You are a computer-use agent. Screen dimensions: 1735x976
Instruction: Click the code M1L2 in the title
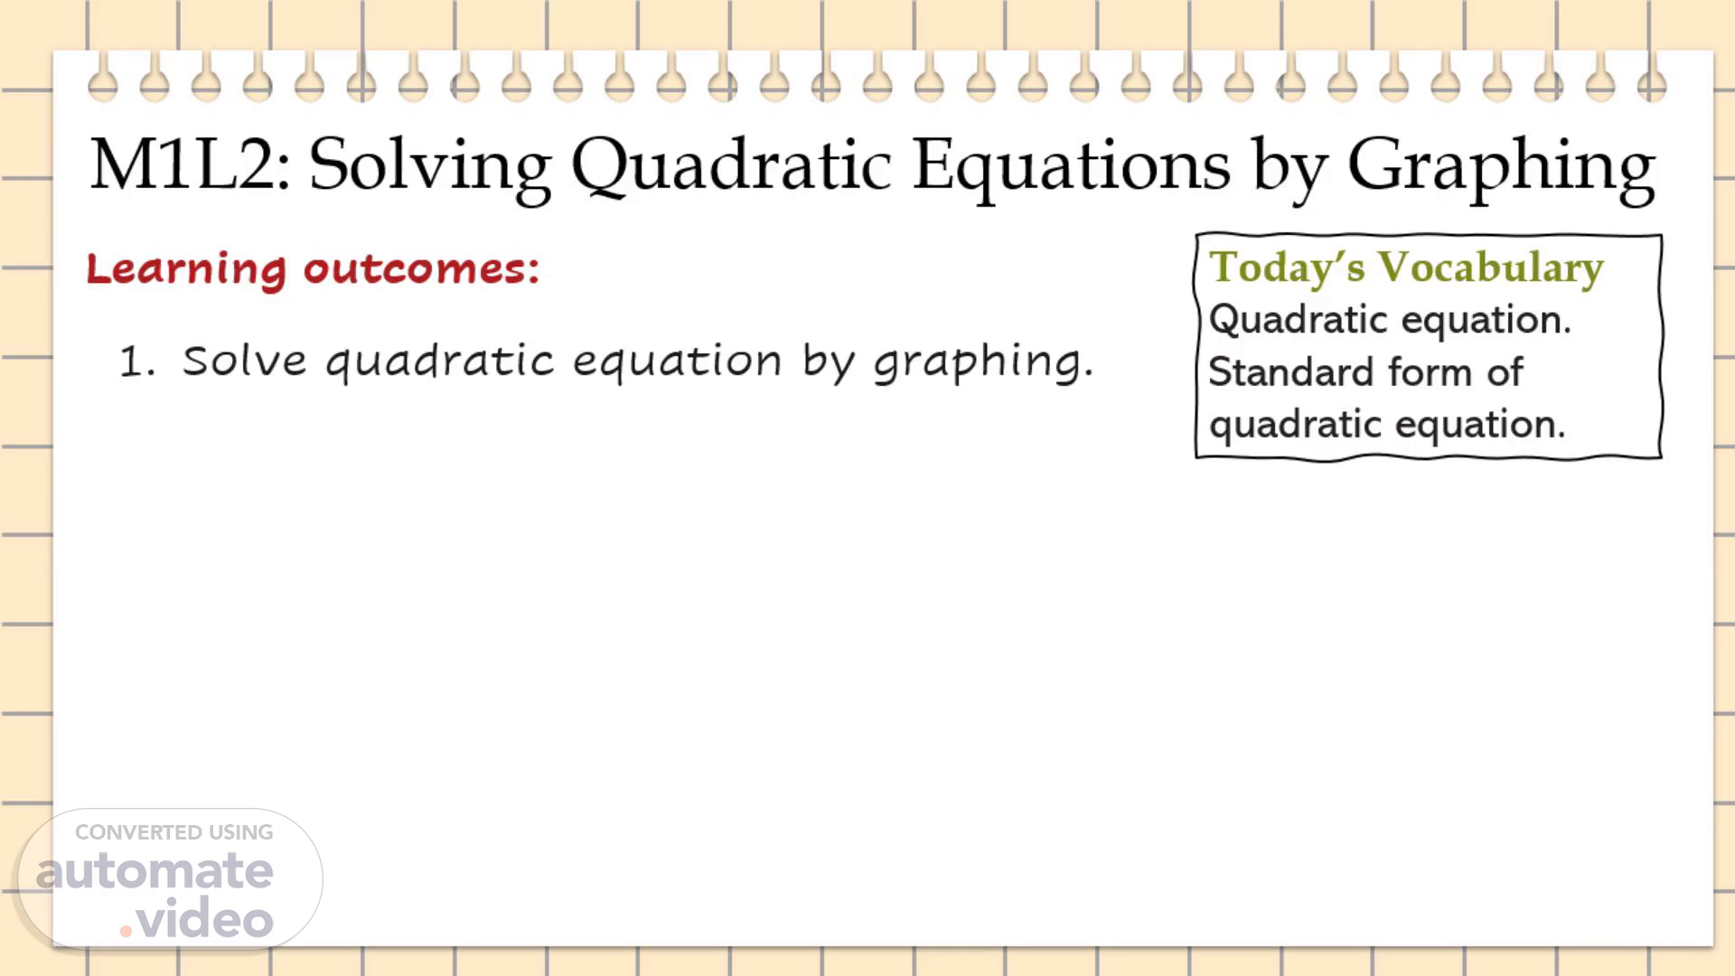(x=191, y=164)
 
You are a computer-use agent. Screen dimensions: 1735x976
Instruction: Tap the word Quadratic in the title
(x=732, y=168)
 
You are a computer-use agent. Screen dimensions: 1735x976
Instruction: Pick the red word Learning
(x=186, y=270)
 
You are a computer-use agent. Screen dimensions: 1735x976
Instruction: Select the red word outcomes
(x=421, y=269)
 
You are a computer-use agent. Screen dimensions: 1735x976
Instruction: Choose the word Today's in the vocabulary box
(x=1287, y=267)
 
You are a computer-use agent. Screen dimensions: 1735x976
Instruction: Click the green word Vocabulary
(x=1491, y=267)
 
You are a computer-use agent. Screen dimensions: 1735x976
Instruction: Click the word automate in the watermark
(x=155, y=871)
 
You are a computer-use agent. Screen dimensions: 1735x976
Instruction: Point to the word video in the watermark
(x=205, y=918)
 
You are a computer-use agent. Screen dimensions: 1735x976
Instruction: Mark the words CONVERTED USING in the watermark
(x=173, y=832)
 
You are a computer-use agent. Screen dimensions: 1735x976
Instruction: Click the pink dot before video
(x=127, y=931)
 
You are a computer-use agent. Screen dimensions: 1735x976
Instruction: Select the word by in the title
(x=1290, y=170)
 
